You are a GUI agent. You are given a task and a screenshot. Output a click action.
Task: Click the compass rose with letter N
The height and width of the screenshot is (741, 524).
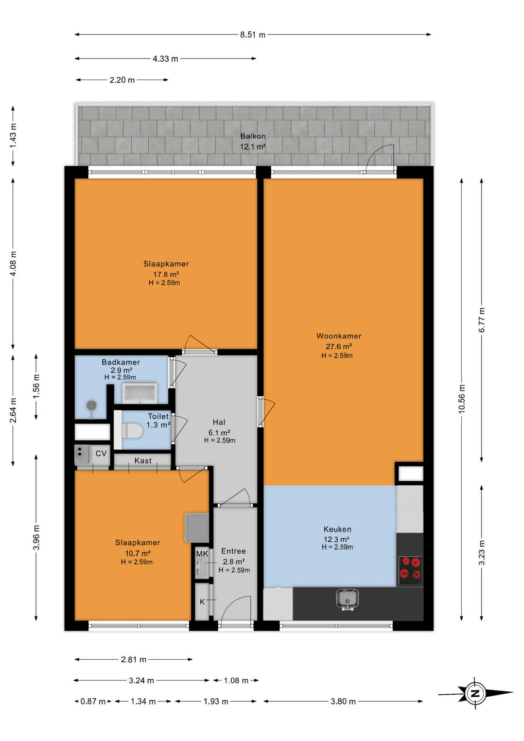pos(476,694)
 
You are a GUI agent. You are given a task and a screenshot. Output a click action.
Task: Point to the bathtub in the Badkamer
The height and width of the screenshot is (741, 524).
pos(139,393)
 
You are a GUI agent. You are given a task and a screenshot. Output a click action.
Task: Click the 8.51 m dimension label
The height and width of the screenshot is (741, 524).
pos(253,35)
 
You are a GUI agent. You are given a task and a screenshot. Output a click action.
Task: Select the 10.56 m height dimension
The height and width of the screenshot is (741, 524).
pos(462,399)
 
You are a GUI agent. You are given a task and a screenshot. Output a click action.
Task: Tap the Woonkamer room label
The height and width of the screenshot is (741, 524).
pos(339,336)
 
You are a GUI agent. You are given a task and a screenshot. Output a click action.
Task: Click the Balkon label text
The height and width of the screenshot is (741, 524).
pos(253,136)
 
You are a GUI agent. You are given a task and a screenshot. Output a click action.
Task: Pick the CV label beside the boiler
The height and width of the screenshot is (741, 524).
pos(101,453)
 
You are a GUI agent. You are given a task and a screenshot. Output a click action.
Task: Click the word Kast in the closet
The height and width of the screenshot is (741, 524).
pos(143,461)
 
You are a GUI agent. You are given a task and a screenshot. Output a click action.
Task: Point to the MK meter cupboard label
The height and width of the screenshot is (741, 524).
pos(202,554)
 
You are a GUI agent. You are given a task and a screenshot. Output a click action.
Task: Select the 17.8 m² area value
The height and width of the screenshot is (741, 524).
pos(166,274)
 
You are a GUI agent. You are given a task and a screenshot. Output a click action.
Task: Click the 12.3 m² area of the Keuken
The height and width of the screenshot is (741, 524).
pos(337,539)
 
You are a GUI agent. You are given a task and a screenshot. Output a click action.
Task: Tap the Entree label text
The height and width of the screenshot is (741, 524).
pos(234,551)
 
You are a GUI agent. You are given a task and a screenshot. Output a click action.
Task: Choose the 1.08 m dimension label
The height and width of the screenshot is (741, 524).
pos(236,680)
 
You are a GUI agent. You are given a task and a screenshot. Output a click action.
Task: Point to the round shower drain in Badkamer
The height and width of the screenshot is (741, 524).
pos(92,405)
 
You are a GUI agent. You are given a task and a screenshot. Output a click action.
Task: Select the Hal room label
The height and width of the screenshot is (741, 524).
pos(219,422)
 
